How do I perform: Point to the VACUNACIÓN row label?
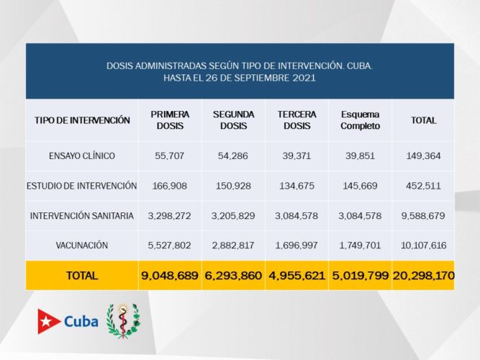[82, 246]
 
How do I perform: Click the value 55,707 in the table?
[171, 156]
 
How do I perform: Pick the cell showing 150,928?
[232, 186]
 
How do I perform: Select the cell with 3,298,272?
[171, 216]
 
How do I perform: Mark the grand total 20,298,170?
[423, 276]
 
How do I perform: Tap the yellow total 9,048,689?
[171, 276]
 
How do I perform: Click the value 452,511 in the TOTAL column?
[423, 186]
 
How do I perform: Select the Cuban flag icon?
[49, 322]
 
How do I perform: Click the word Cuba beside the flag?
[81, 322]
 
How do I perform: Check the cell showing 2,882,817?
[232, 246]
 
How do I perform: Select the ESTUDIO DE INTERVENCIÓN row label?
[82, 186]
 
